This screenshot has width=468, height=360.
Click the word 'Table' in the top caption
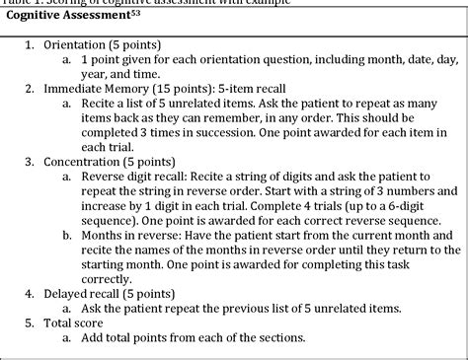point(17,3)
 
